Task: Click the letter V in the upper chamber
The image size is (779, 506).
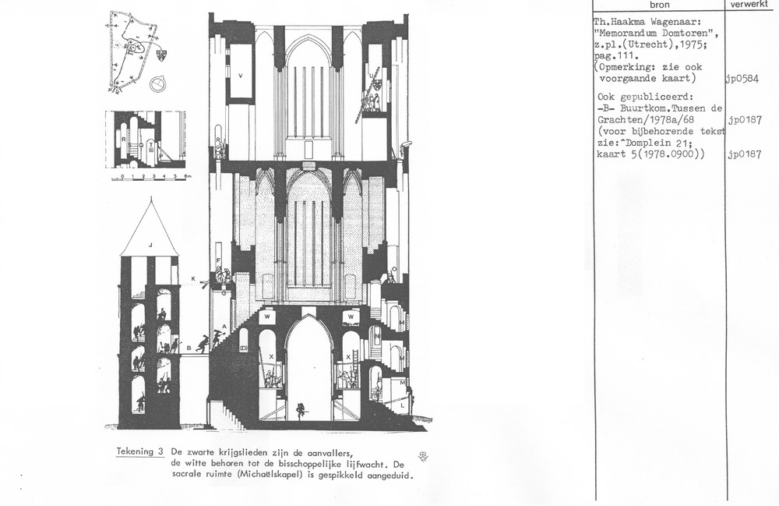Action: click(x=241, y=76)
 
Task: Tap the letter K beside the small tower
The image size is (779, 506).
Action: click(x=193, y=278)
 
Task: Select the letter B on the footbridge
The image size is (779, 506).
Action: click(x=189, y=349)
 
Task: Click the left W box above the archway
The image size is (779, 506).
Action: click(x=267, y=317)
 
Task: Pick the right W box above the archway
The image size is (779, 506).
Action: click(x=351, y=317)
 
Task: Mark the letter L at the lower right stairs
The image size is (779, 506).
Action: click(x=402, y=406)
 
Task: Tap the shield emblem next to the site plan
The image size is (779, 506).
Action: click(x=162, y=55)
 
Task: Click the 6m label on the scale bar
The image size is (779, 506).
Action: click(x=188, y=177)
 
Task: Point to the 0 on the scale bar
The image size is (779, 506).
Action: click(x=113, y=177)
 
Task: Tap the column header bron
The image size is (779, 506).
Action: click(x=658, y=5)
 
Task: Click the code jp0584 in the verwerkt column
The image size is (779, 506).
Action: click(x=742, y=79)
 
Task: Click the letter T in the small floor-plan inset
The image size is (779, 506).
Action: click(x=150, y=146)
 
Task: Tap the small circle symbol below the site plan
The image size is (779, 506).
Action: click(x=159, y=82)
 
